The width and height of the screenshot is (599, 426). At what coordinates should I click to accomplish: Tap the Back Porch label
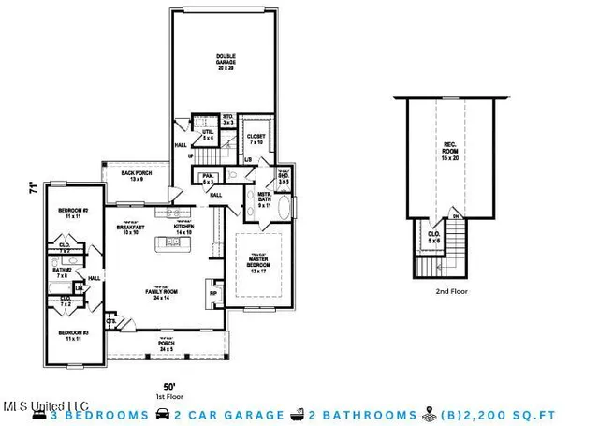136,175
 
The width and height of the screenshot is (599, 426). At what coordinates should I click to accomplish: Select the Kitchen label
183,228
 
